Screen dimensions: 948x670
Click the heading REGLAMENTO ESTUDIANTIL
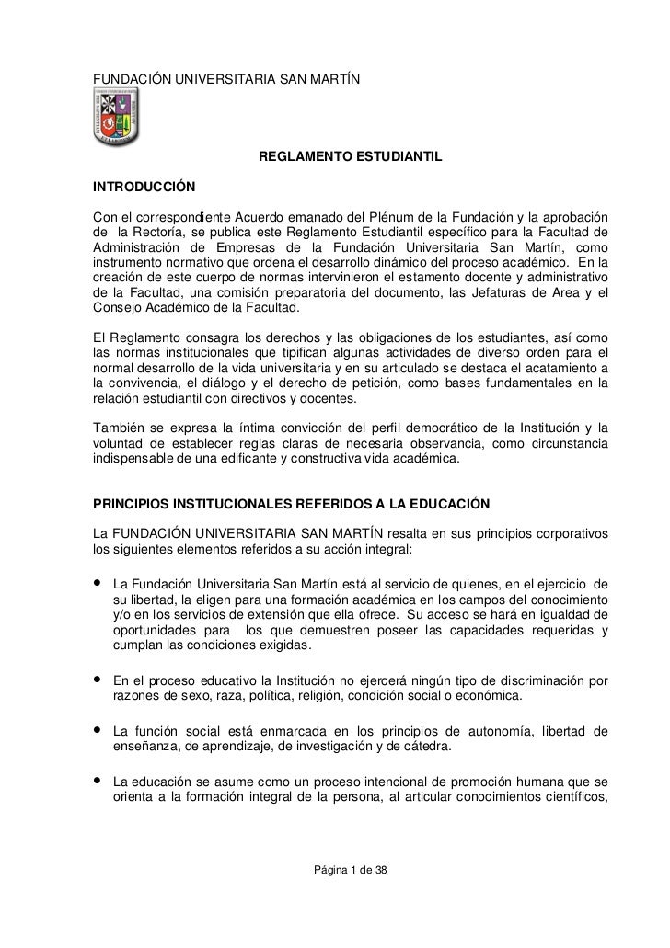351,159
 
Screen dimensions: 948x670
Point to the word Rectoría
156,233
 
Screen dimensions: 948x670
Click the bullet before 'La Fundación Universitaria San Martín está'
97,584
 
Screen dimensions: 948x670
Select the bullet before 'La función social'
97,731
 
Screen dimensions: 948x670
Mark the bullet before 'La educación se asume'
97,782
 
